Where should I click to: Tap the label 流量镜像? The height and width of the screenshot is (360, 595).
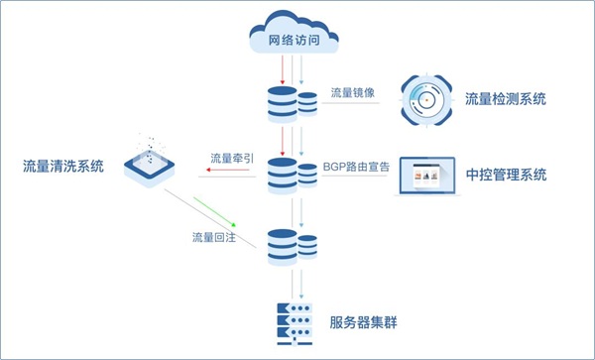coord(354,92)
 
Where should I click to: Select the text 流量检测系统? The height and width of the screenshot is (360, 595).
coord(507,99)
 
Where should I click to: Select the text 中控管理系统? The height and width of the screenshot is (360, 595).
coord(506,176)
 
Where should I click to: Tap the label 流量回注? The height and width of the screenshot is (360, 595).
coord(213,239)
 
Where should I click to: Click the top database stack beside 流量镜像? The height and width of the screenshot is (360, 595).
coord(293,102)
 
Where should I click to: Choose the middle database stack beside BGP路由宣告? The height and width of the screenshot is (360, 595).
coord(293,174)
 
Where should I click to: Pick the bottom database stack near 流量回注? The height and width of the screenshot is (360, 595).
coord(293,245)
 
